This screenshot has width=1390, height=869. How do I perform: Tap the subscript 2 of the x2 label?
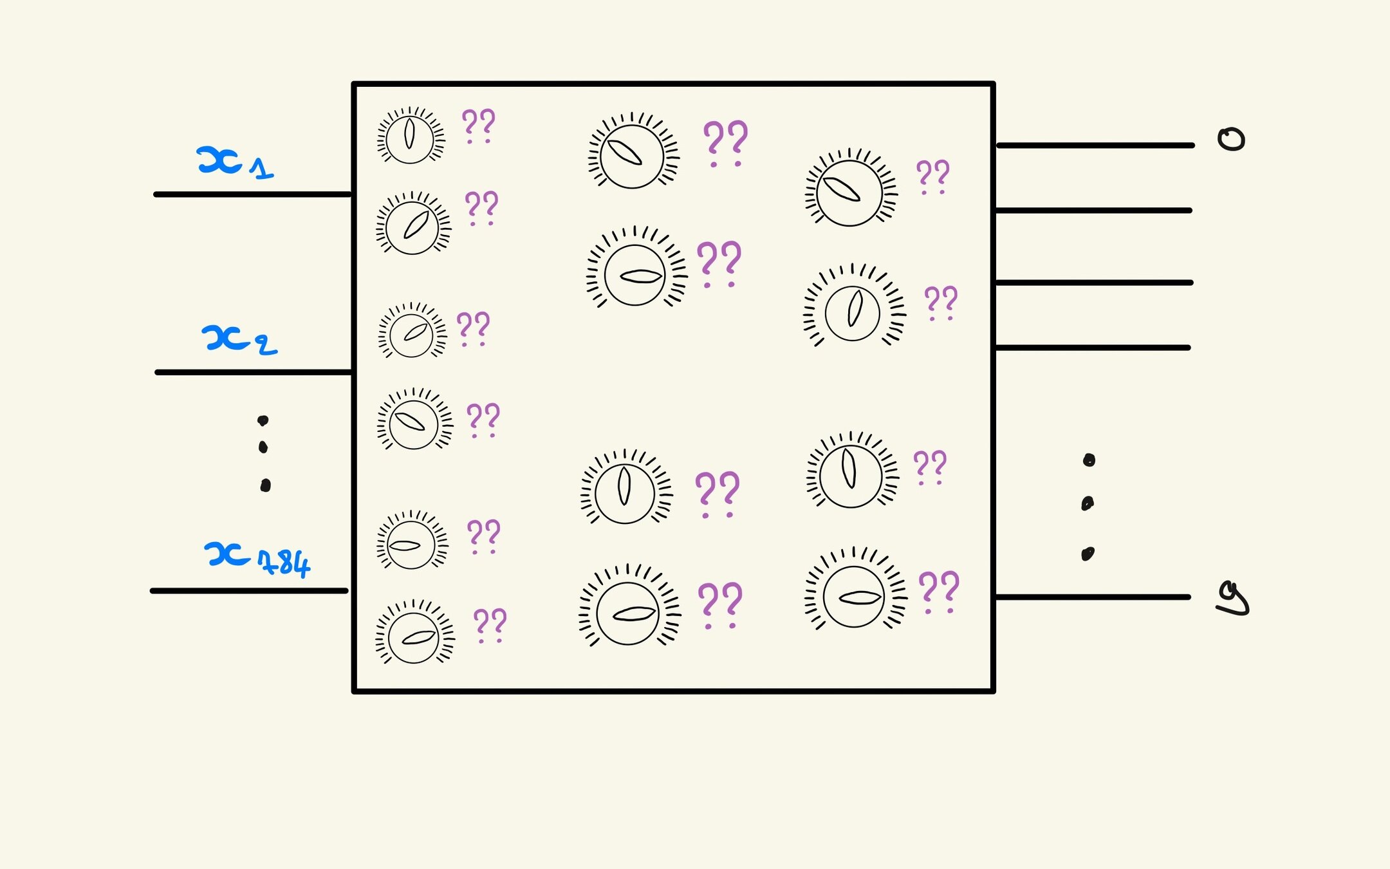[x=266, y=346]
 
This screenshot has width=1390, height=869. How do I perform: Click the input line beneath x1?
[x=252, y=194]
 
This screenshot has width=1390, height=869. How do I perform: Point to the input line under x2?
[x=253, y=373]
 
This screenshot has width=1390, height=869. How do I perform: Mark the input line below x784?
[x=249, y=590]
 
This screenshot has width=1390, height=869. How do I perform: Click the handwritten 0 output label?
[x=1231, y=139]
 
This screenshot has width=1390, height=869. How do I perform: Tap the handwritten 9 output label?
[x=1233, y=599]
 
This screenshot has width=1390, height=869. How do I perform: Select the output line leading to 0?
[x=1094, y=146]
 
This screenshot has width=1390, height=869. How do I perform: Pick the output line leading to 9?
[x=1092, y=597]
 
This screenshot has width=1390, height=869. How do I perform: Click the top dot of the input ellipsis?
[x=263, y=421]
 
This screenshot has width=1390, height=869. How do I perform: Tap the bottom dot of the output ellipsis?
[x=1088, y=554]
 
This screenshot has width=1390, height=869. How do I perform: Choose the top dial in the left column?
[x=410, y=136]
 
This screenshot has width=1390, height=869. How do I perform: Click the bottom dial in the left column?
[x=414, y=637]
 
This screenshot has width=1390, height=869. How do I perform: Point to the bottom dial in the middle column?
[x=628, y=612]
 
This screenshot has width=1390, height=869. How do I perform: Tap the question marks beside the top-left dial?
[x=479, y=125]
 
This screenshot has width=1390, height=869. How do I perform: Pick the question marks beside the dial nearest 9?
[x=939, y=592]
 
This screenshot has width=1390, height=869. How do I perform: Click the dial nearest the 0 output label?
[x=849, y=192]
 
